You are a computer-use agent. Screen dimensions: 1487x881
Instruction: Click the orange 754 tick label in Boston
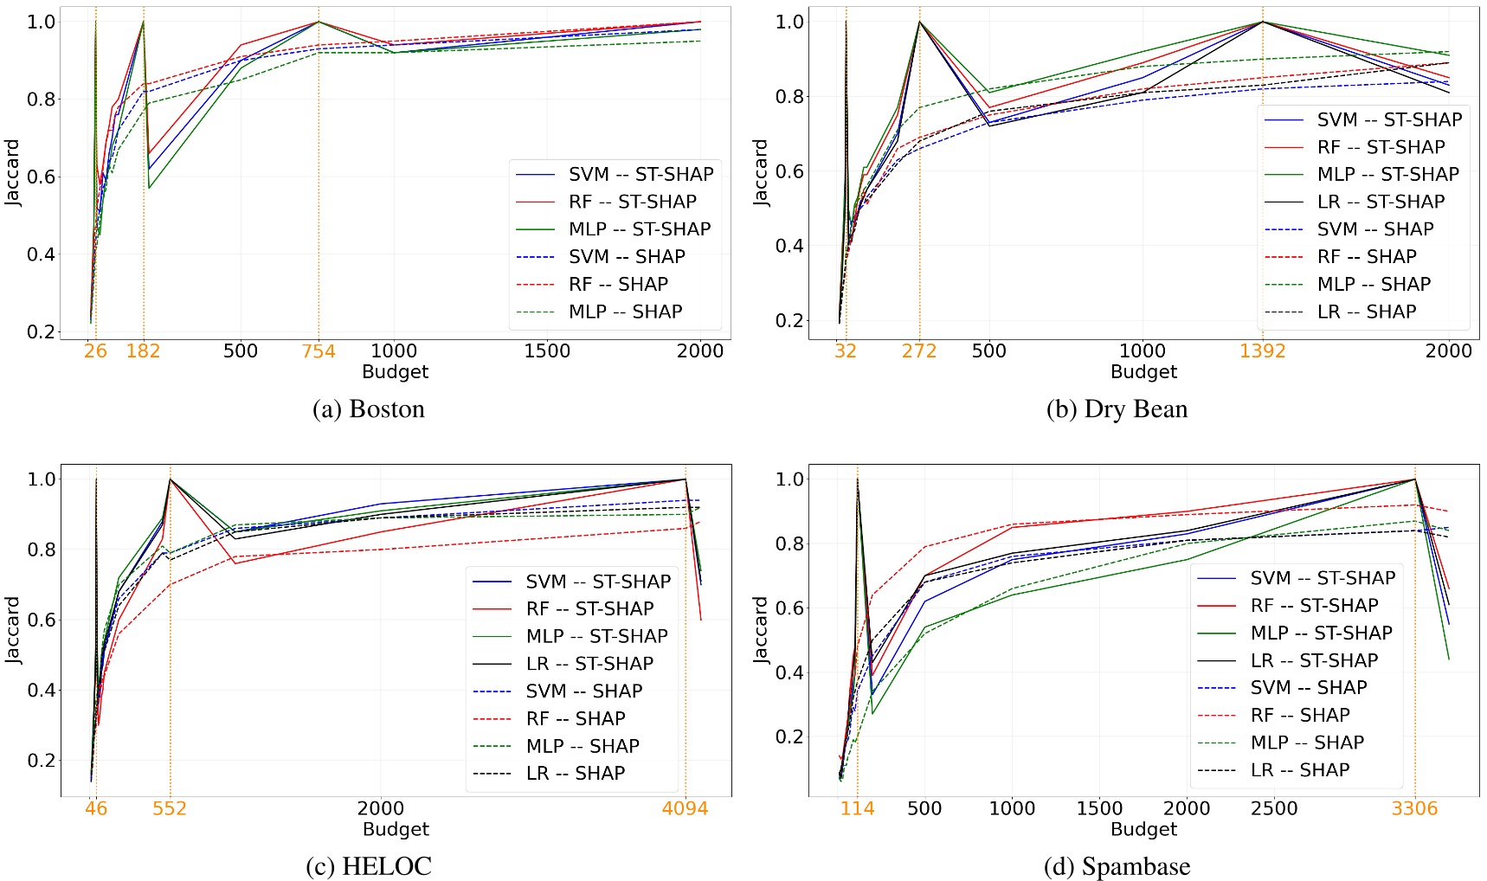pyautogui.click(x=319, y=350)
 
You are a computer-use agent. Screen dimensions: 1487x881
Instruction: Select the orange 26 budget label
pyautogui.click(x=95, y=350)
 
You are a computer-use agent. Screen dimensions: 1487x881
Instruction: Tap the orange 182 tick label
pyautogui.click(x=143, y=350)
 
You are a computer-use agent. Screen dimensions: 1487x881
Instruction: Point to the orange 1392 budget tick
pyautogui.click(x=1263, y=350)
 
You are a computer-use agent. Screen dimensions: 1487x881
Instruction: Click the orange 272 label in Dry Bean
pyautogui.click(x=919, y=350)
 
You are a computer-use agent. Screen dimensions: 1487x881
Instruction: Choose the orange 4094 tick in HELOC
pyautogui.click(x=685, y=808)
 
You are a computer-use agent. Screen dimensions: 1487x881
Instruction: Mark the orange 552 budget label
pyautogui.click(x=170, y=808)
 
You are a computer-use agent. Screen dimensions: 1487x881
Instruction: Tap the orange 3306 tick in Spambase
pyautogui.click(x=1414, y=808)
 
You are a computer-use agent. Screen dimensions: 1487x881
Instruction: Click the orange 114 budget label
pyautogui.click(x=858, y=808)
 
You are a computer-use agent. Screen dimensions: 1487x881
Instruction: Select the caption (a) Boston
pyautogui.click(x=369, y=408)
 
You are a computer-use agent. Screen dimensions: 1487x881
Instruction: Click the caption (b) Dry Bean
pyautogui.click(x=1117, y=408)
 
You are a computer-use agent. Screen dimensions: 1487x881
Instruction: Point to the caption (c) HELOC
pyautogui.click(x=369, y=866)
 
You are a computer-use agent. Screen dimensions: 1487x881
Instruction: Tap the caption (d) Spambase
pyautogui.click(x=1117, y=866)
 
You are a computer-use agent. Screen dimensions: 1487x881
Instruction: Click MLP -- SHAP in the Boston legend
pyautogui.click(x=626, y=312)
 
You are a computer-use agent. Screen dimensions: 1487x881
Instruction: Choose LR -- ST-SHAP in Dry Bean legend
pyautogui.click(x=1381, y=202)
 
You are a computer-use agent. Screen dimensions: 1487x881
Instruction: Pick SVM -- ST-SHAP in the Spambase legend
pyautogui.click(x=1323, y=577)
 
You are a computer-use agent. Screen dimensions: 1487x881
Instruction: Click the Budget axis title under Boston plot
pyautogui.click(x=396, y=372)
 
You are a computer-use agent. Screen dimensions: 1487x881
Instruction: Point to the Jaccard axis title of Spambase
pyautogui.click(x=762, y=630)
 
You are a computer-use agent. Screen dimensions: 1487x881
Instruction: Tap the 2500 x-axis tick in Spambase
pyautogui.click(x=1274, y=808)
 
